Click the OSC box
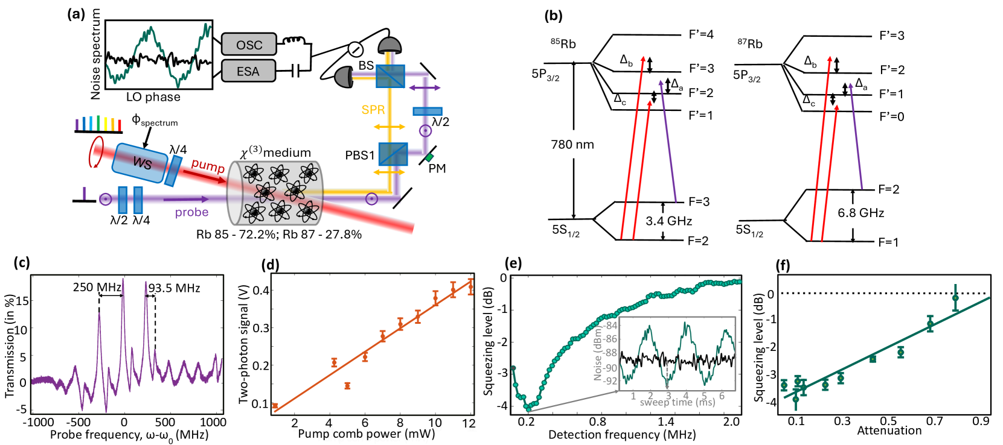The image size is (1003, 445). pos(249,45)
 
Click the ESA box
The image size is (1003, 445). pos(248,71)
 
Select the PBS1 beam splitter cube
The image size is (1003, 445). pos(393,155)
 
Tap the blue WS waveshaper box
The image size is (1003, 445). pos(141,162)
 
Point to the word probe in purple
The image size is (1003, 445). pos(191,212)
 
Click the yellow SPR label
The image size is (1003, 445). pos(373,110)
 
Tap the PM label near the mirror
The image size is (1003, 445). pos(437,169)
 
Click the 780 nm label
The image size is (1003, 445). pos(572,145)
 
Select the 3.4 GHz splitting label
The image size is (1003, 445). pos(668,221)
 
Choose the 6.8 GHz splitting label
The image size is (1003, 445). pos(860,213)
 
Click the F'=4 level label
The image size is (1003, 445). pos(701,34)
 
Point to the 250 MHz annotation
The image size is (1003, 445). pos(97,288)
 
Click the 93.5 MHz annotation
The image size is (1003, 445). pos(175,288)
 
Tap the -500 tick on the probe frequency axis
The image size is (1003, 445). pos(78,422)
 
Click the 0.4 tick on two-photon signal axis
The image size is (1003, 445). pos(261,290)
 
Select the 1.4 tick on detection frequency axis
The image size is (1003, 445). pos(665,421)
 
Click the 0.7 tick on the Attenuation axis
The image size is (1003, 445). pos(934,421)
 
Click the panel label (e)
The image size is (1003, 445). pos(512,263)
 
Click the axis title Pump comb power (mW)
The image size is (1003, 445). pos(366,434)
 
